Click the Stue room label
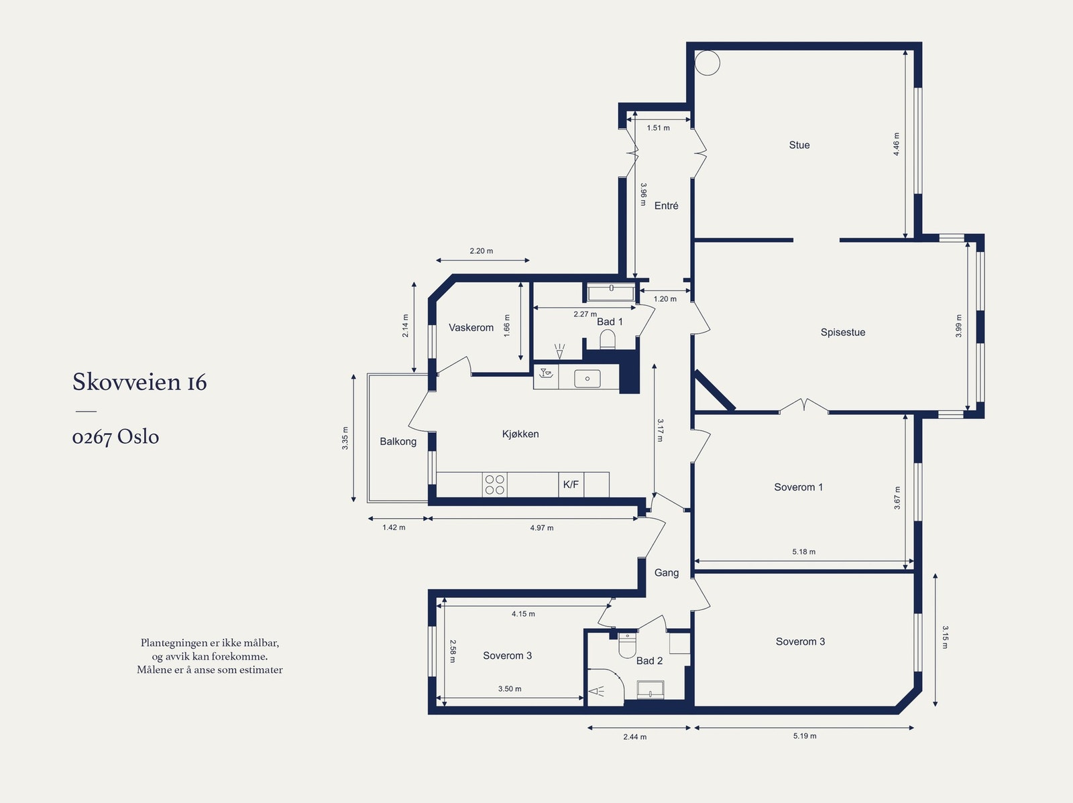tap(799, 145)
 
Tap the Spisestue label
tap(843, 332)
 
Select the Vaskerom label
tap(471, 328)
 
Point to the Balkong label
tap(398, 442)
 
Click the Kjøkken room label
tap(520, 434)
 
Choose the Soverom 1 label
tap(799, 487)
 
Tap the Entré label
tap(667, 206)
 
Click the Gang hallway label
tap(667, 572)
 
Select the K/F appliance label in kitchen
tap(571, 485)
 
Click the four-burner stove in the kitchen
tap(494, 485)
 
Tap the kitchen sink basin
tap(587, 379)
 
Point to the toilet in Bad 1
tap(608, 339)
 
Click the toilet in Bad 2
tap(626, 645)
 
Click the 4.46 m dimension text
tap(896, 144)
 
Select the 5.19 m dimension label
tap(805, 736)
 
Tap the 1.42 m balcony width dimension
tap(394, 528)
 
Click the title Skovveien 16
tap(139, 382)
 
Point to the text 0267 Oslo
tap(116, 436)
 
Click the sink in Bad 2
tap(651, 690)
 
